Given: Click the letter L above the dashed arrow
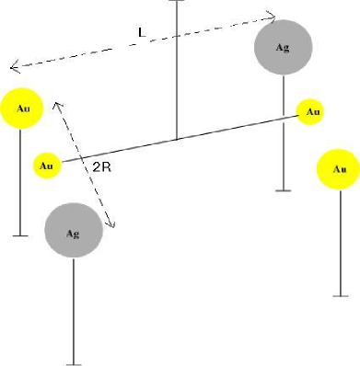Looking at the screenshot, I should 141,33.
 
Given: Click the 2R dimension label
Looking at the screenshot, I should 102,168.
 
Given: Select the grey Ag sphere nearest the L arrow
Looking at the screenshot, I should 285,47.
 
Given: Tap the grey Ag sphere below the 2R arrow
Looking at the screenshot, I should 74,233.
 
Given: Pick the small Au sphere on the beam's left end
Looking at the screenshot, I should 47,166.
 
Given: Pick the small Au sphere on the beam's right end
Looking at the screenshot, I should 312,112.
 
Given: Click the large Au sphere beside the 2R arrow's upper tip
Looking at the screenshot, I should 23,109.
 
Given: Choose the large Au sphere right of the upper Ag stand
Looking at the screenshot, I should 338,169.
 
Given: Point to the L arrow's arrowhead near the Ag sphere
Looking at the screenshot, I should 273,16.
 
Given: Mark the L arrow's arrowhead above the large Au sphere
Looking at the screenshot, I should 13,67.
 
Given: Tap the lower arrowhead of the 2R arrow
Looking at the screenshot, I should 113,225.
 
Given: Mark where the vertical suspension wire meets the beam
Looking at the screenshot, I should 176,140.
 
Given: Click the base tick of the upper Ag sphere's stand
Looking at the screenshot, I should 285,190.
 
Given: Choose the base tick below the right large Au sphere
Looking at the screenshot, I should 341,296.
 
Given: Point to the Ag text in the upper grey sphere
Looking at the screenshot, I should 285,47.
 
